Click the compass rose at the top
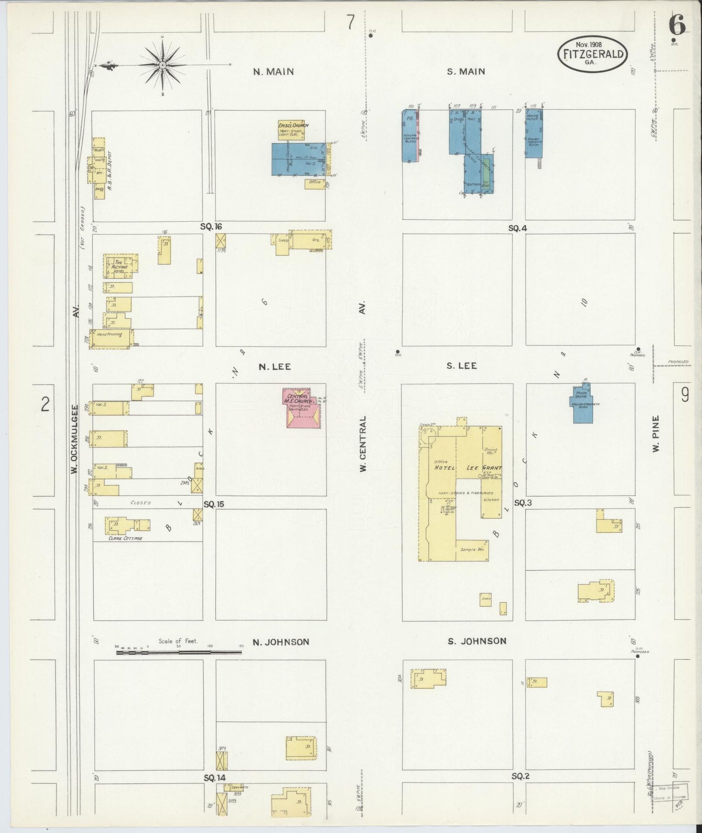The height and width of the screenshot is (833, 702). point(162,65)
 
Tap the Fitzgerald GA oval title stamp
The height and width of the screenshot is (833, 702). point(592,54)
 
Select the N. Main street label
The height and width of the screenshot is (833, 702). point(274,71)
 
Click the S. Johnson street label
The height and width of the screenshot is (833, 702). point(477,641)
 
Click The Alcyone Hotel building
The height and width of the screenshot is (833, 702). point(120,267)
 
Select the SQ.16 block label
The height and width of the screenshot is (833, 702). point(211,226)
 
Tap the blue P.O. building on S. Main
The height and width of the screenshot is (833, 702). point(410,135)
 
